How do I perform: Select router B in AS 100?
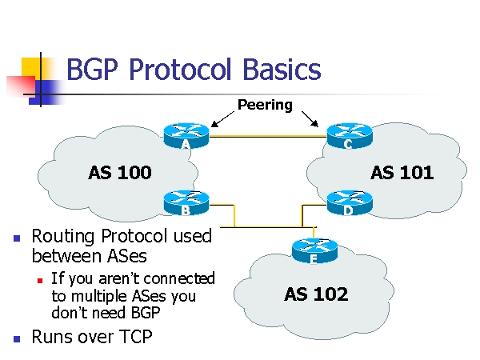185,202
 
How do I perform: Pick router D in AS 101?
347,202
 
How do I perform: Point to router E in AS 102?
313,250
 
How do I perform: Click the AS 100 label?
119,172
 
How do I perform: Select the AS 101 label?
402,172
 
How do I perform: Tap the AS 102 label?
316,294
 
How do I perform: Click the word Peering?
265,105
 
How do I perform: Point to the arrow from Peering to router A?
222,118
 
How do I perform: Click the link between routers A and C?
266,137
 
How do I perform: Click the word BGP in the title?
94,70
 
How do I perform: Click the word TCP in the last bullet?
133,337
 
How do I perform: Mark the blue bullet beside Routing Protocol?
16,238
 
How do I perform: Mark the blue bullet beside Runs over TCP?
16,338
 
